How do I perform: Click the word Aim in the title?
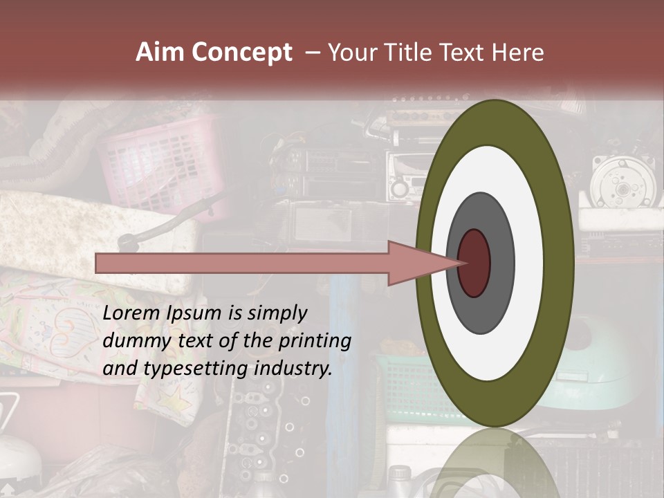(x=160, y=53)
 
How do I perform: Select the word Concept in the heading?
(x=241, y=53)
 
